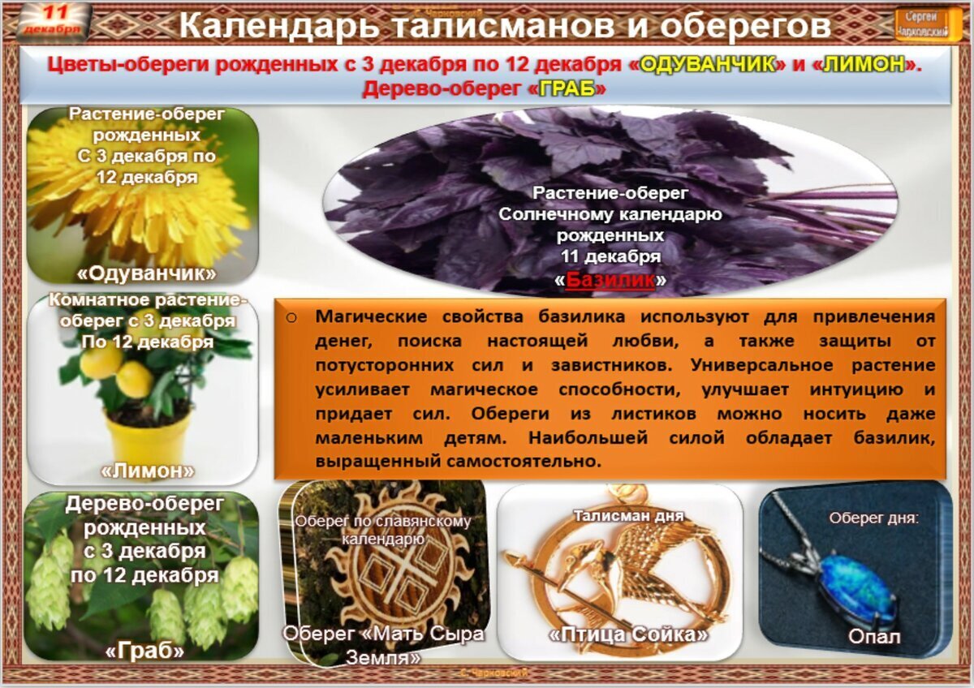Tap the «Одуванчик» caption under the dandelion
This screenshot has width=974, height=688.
pyautogui.click(x=147, y=271)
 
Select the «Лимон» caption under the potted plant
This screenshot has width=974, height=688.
pyautogui.click(x=147, y=471)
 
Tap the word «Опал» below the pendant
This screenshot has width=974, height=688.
pyautogui.click(x=873, y=637)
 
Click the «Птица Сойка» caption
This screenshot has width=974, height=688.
pyautogui.click(x=628, y=634)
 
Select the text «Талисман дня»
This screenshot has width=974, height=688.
pyautogui.click(x=628, y=516)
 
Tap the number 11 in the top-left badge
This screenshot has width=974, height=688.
pyautogui.click(x=54, y=12)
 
